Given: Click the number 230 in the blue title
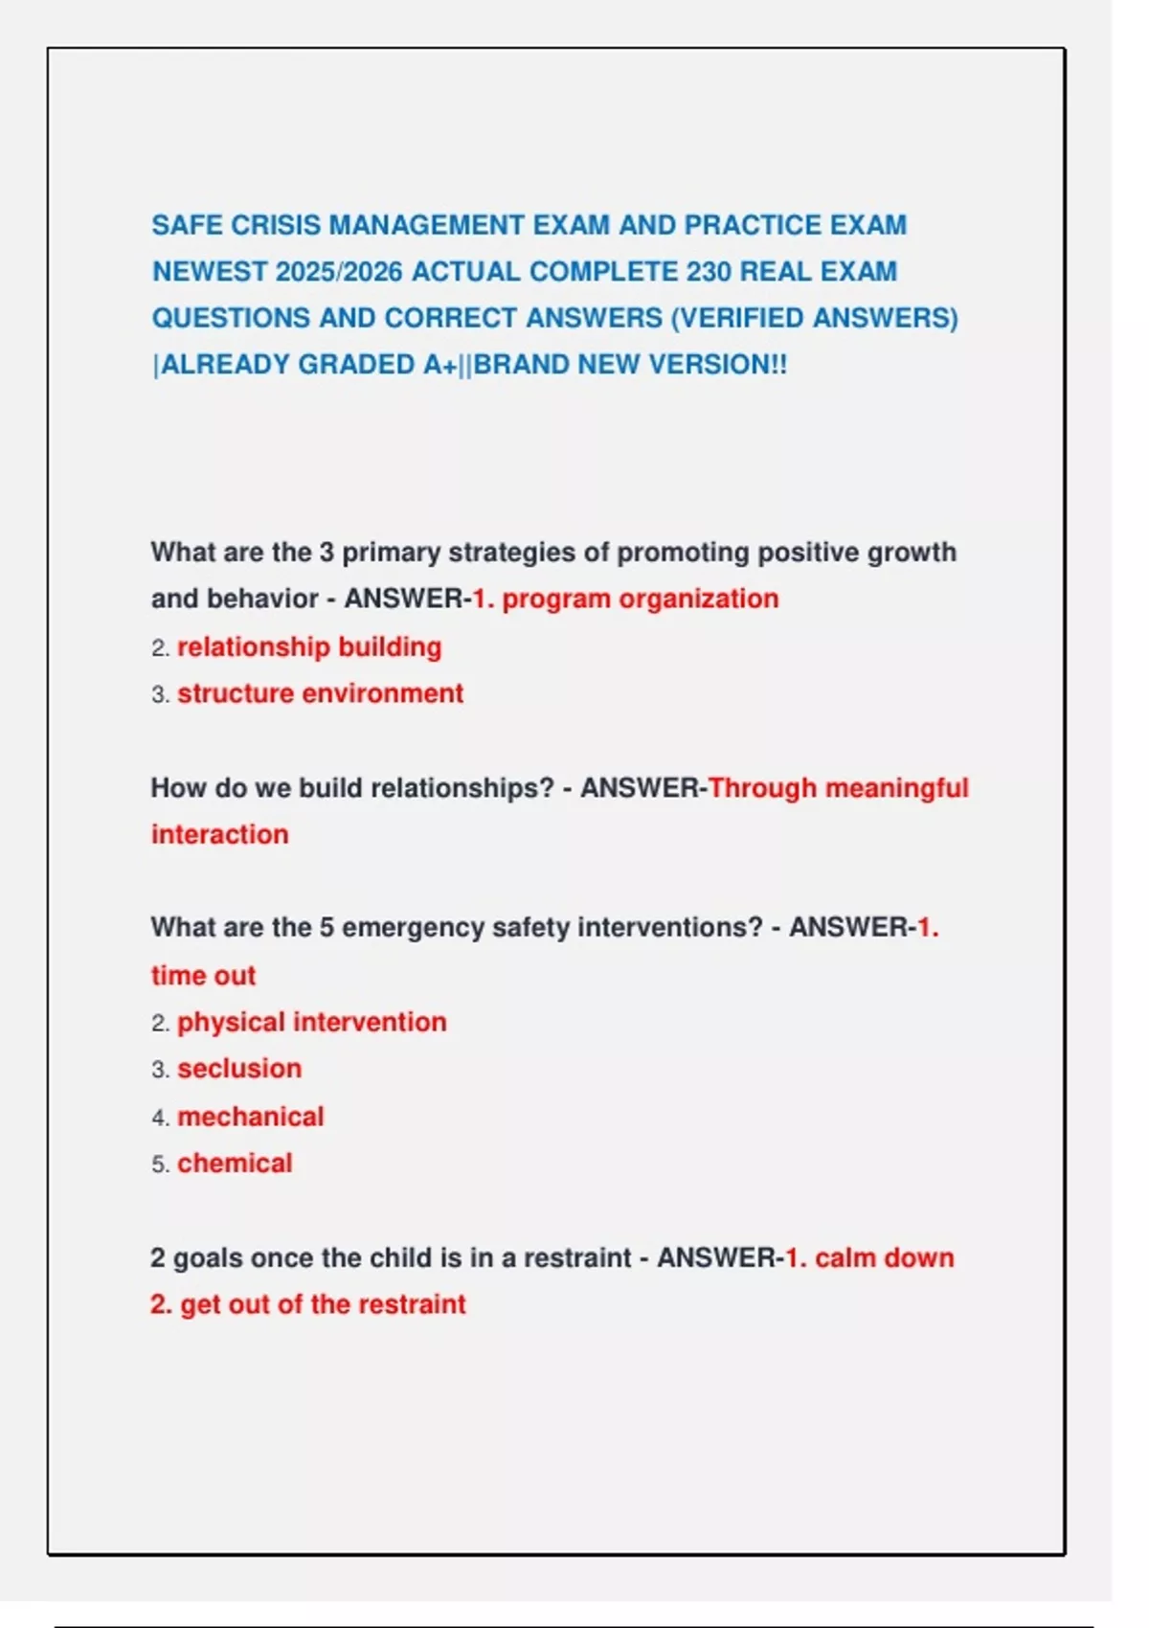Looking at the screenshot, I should (x=709, y=272).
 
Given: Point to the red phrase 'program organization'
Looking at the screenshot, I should (x=640, y=599).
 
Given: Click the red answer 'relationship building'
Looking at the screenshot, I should (x=309, y=647).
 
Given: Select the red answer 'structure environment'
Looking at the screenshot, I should (x=320, y=693).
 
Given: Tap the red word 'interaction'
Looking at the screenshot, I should (x=219, y=834).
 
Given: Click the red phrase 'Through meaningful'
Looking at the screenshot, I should (x=838, y=788).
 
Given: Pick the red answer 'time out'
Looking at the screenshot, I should (x=203, y=976).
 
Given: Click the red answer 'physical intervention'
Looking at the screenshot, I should (x=311, y=1022).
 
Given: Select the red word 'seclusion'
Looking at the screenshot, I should (x=239, y=1069).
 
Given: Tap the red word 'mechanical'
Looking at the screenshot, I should (x=250, y=1117).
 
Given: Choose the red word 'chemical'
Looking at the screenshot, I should (x=235, y=1164).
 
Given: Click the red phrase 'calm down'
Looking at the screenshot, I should (x=884, y=1257).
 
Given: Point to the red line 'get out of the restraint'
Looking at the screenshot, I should (x=322, y=1304).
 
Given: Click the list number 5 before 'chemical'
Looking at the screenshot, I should (x=158, y=1164).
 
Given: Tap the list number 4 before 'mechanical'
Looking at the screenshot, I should (x=158, y=1118).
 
